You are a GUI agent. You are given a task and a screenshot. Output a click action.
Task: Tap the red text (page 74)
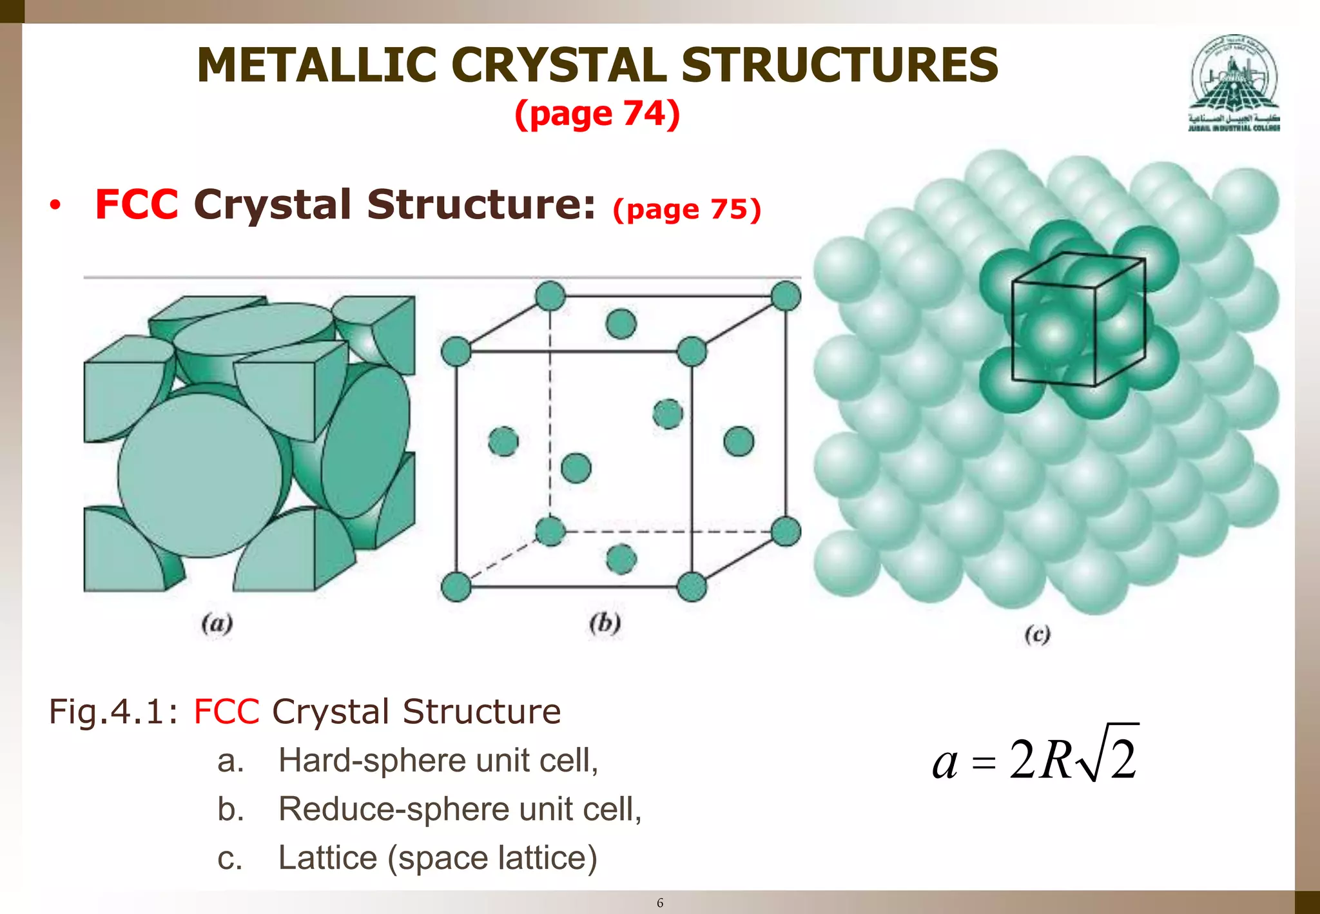[x=597, y=114]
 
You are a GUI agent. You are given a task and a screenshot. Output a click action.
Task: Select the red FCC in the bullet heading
[x=136, y=205]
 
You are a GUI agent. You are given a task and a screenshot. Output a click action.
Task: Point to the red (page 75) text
[x=687, y=209]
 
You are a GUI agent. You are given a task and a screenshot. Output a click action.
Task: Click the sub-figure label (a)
[x=217, y=623]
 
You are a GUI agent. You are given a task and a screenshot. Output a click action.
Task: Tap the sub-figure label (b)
[x=605, y=623]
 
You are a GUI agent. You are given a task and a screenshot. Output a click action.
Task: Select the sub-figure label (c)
[x=1037, y=635]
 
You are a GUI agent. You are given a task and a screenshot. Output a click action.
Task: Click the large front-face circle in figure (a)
[x=200, y=475]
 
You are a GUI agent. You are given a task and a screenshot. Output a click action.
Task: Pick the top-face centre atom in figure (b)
[x=621, y=324]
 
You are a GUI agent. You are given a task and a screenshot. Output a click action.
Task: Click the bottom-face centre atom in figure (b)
[x=621, y=559]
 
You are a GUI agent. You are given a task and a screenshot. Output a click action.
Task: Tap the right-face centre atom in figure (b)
[x=739, y=442]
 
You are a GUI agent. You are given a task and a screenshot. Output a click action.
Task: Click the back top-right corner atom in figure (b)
[x=786, y=297]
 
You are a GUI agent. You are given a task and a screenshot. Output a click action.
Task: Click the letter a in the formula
[x=945, y=763]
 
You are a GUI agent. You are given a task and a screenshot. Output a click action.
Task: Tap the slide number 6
[x=659, y=902]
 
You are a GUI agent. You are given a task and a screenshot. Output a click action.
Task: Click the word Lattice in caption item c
[x=327, y=858]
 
